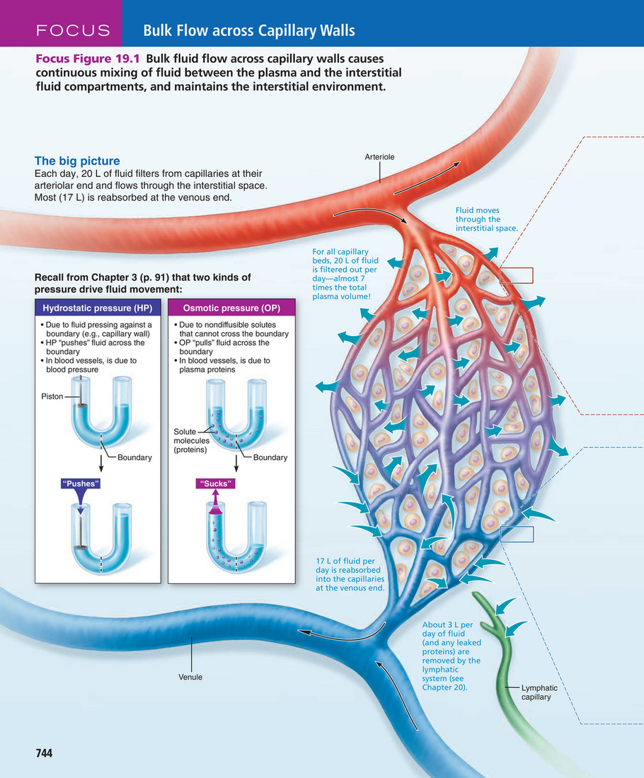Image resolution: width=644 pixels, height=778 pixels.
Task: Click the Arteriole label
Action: click(379, 156)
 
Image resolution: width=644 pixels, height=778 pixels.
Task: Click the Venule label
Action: click(190, 677)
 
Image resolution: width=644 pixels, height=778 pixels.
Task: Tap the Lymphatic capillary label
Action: click(539, 692)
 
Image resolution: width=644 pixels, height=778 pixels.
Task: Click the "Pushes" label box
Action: click(79, 484)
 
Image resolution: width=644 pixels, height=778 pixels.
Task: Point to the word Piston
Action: click(51, 397)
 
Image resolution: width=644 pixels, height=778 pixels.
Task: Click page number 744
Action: click(45, 753)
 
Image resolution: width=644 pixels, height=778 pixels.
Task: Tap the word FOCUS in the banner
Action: click(74, 30)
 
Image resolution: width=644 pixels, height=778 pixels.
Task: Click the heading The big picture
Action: click(77, 161)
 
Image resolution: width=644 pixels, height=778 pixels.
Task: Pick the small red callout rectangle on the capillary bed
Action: click(517, 275)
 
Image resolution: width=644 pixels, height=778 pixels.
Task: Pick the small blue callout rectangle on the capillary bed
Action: click(517, 534)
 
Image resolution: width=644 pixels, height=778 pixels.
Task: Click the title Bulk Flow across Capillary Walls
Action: click(249, 30)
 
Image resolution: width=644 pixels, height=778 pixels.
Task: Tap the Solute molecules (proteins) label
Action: click(191, 440)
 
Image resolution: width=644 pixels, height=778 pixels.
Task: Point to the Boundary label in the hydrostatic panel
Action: click(134, 457)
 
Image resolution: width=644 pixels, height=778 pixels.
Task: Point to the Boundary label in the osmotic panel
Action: click(270, 457)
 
